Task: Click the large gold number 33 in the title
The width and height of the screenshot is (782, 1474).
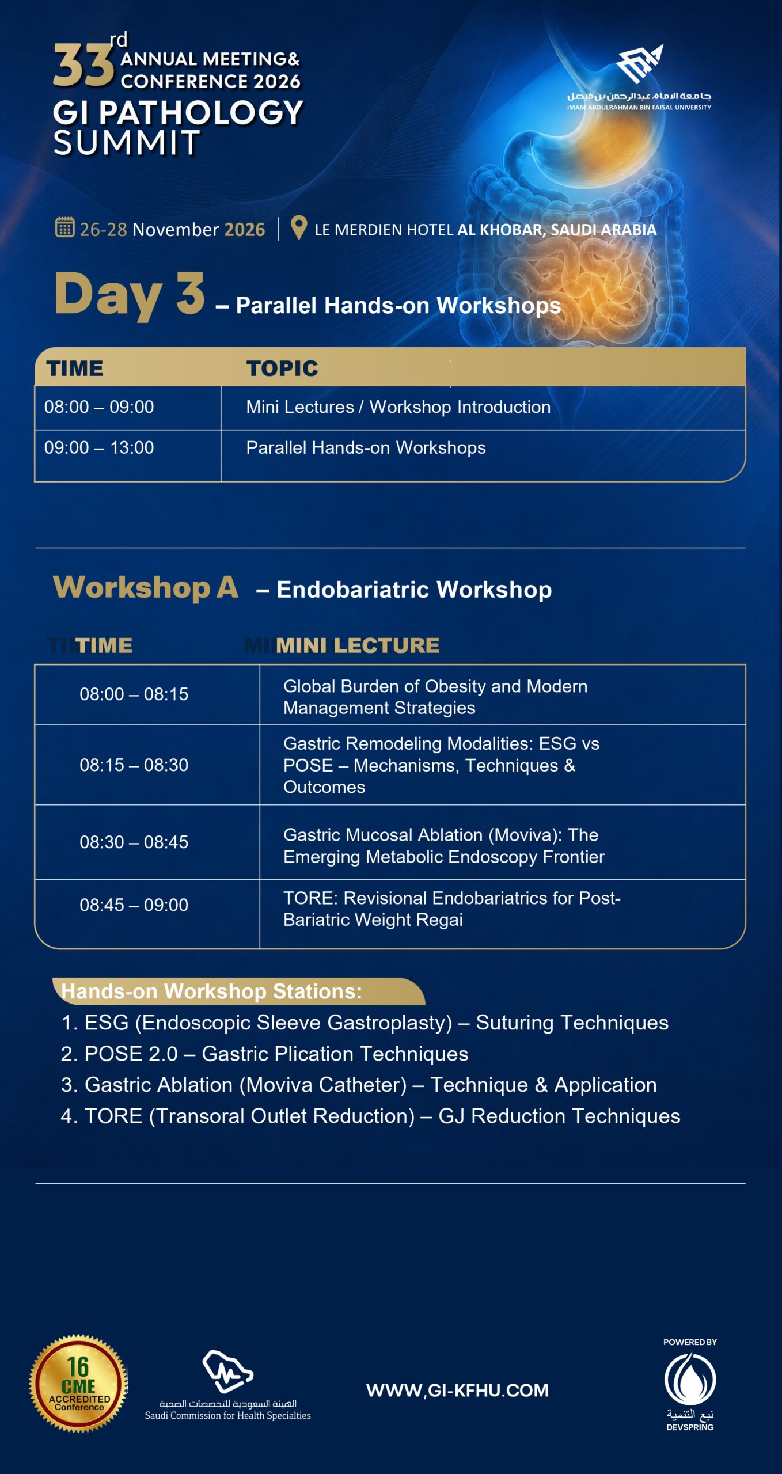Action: pyautogui.click(x=83, y=67)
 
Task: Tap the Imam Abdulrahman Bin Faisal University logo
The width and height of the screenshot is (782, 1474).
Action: pyautogui.click(x=639, y=77)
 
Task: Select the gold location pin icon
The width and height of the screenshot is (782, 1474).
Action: pyautogui.click(x=298, y=228)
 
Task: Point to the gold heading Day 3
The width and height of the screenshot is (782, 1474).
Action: pyautogui.click(x=130, y=295)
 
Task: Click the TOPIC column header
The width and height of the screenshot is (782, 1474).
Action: pyautogui.click(x=282, y=368)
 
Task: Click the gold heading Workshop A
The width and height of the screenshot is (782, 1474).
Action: pyautogui.click(x=146, y=587)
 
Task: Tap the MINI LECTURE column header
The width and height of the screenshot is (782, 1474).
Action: pyautogui.click(x=357, y=645)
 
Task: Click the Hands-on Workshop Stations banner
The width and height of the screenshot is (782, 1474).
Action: pyautogui.click(x=238, y=991)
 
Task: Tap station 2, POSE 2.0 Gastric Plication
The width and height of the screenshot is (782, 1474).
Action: pyautogui.click(x=264, y=1054)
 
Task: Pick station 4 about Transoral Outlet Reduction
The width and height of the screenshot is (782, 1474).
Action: pyautogui.click(x=370, y=1116)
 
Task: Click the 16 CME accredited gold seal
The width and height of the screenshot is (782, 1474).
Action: pyautogui.click(x=78, y=1383)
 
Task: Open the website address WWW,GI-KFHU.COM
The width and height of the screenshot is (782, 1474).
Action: pyautogui.click(x=457, y=1391)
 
